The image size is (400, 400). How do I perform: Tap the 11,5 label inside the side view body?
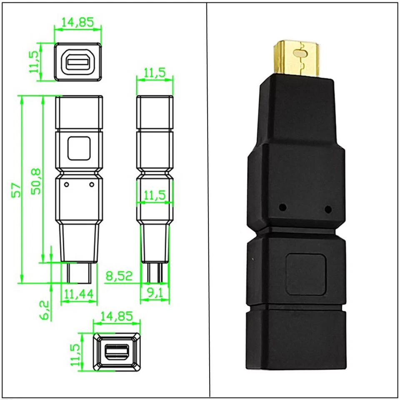pyautogui.click(x=155, y=195)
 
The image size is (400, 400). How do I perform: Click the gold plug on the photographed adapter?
pyautogui.click(x=297, y=59)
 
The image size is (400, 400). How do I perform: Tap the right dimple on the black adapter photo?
pyautogui.click(x=328, y=209)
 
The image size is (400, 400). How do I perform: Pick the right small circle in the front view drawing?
pyautogui.click(x=92, y=184)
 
